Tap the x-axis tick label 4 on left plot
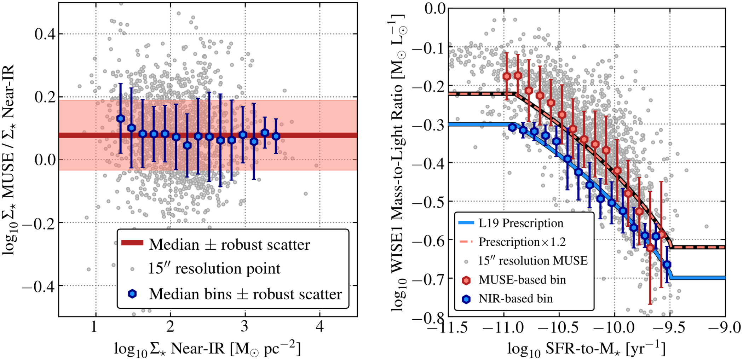coord(320,327)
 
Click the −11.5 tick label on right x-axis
coord(448,327)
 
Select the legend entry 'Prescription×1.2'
coord(522,242)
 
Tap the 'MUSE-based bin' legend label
coord(522,280)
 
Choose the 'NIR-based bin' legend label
coord(516,299)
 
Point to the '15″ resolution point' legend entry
coord(214,269)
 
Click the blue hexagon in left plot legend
coord(132,294)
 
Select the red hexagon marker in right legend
coord(466,280)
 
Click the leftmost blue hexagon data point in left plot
coord(121,119)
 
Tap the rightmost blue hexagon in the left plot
coord(276,136)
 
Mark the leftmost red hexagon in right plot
coord(507,76)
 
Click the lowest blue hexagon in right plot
coord(667,265)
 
